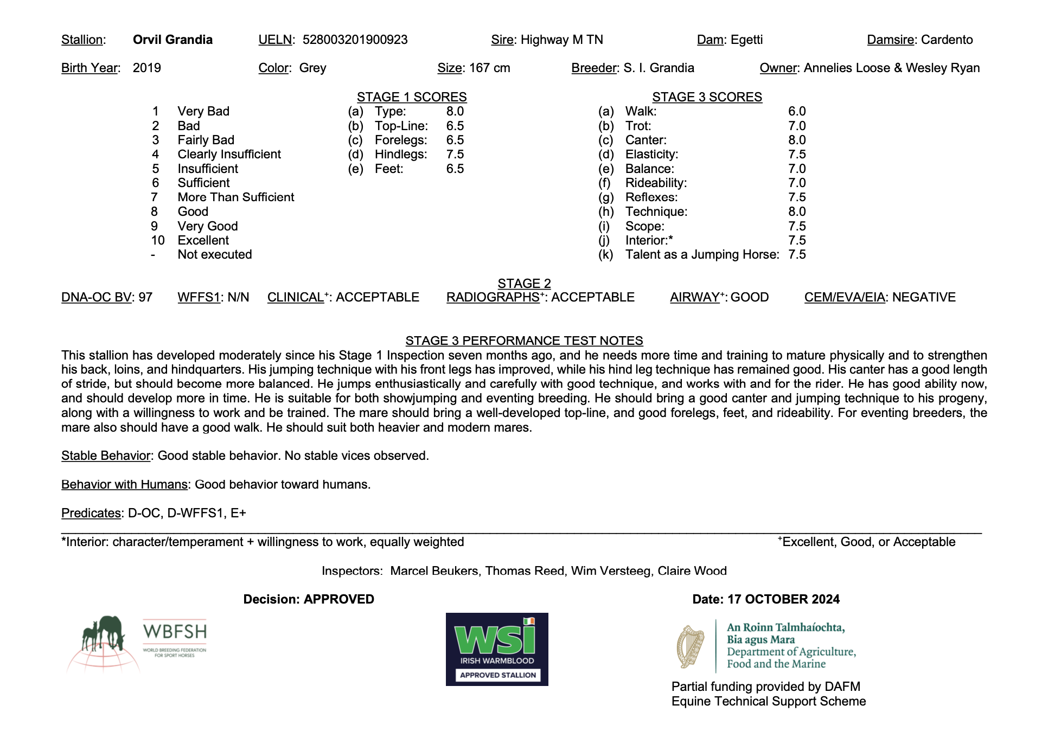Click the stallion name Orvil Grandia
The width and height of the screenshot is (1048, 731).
(x=172, y=40)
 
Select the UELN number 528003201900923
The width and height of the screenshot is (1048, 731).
(x=355, y=40)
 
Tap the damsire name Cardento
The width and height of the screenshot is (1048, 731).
(x=947, y=40)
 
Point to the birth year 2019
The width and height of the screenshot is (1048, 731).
(x=146, y=68)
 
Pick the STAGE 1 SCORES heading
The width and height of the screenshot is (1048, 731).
(x=412, y=97)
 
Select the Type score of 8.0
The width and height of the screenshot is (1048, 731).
(x=455, y=111)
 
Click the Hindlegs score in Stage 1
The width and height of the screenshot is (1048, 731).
(x=455, y=155)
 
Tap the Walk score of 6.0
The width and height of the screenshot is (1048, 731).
(x=797, y=111)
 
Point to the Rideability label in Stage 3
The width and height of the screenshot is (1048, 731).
(x=656, y=183)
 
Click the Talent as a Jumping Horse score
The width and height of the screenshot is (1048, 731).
(x=797, y=255)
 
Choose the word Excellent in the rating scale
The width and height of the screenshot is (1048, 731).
(x=203, y=240)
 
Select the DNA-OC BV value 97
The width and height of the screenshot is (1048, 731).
(x=145, y=297)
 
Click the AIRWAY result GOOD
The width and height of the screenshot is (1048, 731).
(x=750, y=297)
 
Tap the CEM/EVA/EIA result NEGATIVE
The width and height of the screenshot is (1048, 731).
(x=924, y=297)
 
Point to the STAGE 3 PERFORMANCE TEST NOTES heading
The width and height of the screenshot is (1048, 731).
(x=524, y=341)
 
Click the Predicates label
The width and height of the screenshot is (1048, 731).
(x=91, y=513)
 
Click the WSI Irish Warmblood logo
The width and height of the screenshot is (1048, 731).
(x=497, y=649)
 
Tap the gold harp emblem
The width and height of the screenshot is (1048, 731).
(x=690, y=646)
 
